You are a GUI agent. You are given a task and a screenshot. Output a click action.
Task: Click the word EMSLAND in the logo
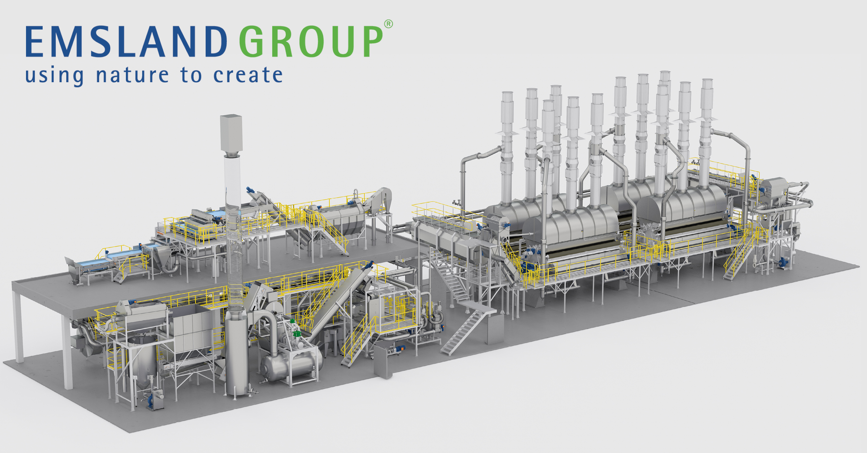click(126, 41)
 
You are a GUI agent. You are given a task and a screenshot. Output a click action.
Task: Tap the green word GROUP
click(311, 41)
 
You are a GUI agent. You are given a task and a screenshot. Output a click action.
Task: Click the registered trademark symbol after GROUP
click(388, 24)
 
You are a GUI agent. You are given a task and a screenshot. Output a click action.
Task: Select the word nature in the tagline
click(132, 75)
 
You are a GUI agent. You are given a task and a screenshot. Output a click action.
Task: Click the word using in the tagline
click(54, 76)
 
